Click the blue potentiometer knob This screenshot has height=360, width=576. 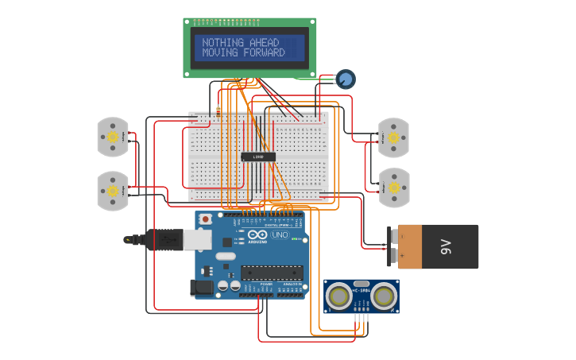tap(345, 79)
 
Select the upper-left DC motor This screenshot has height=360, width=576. tap(113, 137)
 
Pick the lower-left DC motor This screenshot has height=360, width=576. tap(113, 191)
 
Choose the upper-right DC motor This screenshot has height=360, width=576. tap(393, 137)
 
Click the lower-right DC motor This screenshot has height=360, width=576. tap(393, 188)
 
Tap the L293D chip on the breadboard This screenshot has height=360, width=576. tap(258, 157)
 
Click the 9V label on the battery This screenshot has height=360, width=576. tap(446, 246)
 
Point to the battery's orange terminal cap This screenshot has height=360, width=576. tap(409, 246)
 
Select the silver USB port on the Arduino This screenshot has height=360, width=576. tap(197, 239)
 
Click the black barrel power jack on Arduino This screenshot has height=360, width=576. tap(202, 287)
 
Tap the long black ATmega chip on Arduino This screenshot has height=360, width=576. tap(271, 273)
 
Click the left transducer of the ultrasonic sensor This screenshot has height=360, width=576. tap(339, 296)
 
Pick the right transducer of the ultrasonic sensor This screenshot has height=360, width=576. tap(384, 296)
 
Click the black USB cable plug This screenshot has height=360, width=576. tap(164, 239)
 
